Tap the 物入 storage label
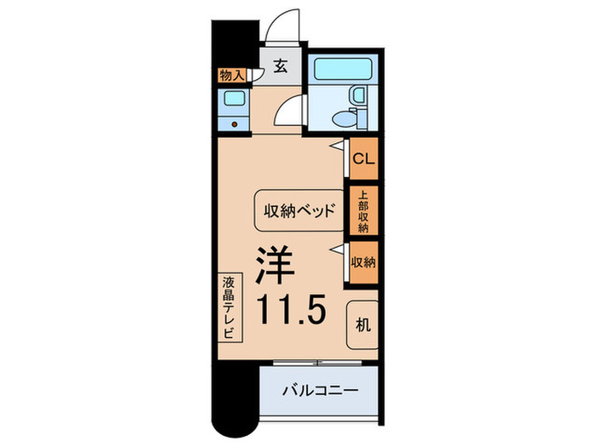pyautogui.click(x=231, y=76)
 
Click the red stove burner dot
pyautogui.click(x=235, y=123)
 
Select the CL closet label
pyautogui.click(x=362, y=158)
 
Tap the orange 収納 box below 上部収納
pyautogui.click(x=362, y=262)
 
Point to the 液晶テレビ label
pyautogui.click(x=228, y=307)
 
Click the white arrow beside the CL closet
pyautogui.click(x=339, y=146)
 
